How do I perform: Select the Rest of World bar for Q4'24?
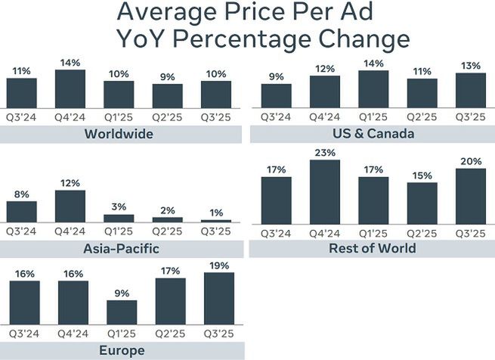[x=324, y=192]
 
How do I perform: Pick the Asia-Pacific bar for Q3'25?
[x=215, y=220]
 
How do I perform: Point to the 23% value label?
[x=324, y=152]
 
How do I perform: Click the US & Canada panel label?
[x=373, y=134]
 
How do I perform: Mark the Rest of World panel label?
[x=373, y=248]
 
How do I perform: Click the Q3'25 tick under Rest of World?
[x=472, y=231]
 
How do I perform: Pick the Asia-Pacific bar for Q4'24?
[x=70, y=206]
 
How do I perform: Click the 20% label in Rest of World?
[x=472, y=160]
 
